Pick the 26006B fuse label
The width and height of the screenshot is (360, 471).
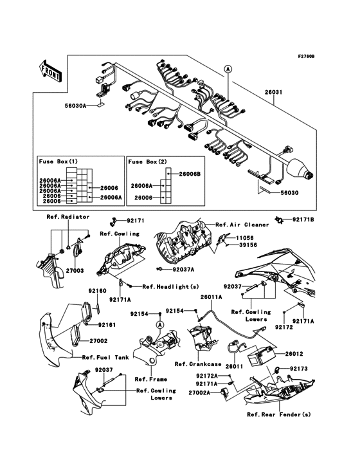[190, 174]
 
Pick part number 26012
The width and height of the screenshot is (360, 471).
[294, 353]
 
